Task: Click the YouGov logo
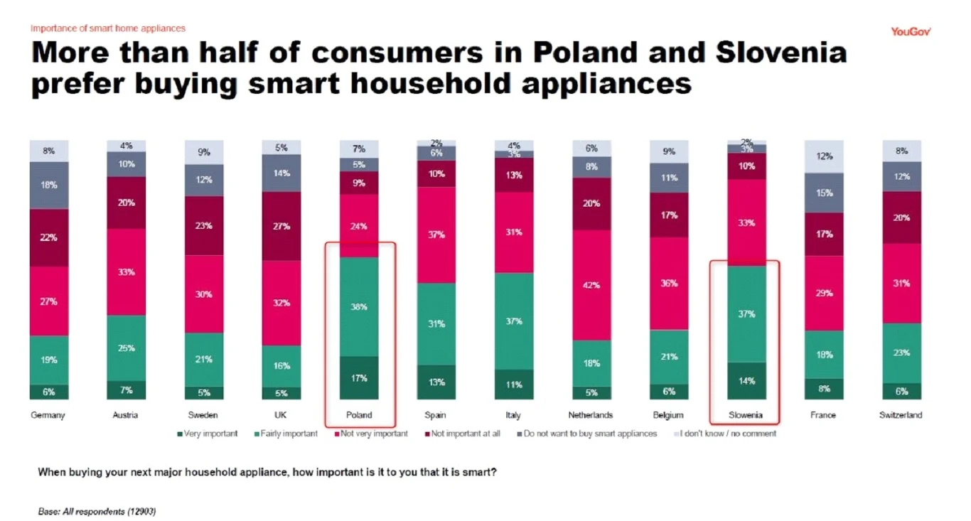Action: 911,31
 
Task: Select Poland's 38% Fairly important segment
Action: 360,306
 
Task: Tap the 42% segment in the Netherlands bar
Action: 592,285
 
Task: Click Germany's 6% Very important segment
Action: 48,392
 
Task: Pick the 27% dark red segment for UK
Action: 281,226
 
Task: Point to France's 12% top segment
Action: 824,156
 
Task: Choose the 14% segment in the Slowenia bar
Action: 746,381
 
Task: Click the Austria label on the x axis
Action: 125,415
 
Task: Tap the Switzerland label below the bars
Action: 900,415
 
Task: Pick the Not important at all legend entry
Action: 461,434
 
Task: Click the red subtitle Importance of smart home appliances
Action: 107,28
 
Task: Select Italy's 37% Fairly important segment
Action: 514,321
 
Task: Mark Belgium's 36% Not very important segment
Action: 669,283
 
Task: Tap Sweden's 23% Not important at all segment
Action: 204,225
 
